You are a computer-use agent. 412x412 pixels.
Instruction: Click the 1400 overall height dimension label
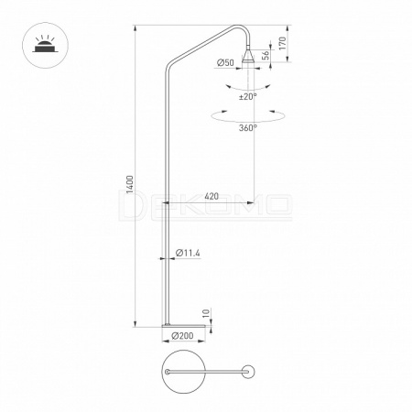[130, 184]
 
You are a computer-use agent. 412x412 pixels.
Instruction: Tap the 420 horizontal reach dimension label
[211, 196]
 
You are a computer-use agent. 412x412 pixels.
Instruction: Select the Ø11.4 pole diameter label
[188, 253]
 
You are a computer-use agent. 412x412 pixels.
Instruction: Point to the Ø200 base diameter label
[182, 336]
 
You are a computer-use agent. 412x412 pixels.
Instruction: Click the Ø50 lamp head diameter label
[225, 62]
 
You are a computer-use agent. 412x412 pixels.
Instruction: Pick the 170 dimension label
[282, 43]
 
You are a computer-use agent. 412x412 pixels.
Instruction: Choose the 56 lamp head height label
[266, 54]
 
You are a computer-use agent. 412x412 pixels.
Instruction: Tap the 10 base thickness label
[206, 313]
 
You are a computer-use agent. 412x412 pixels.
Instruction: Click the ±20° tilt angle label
[248, 97]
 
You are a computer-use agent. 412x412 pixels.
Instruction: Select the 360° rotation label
[248, 127]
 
